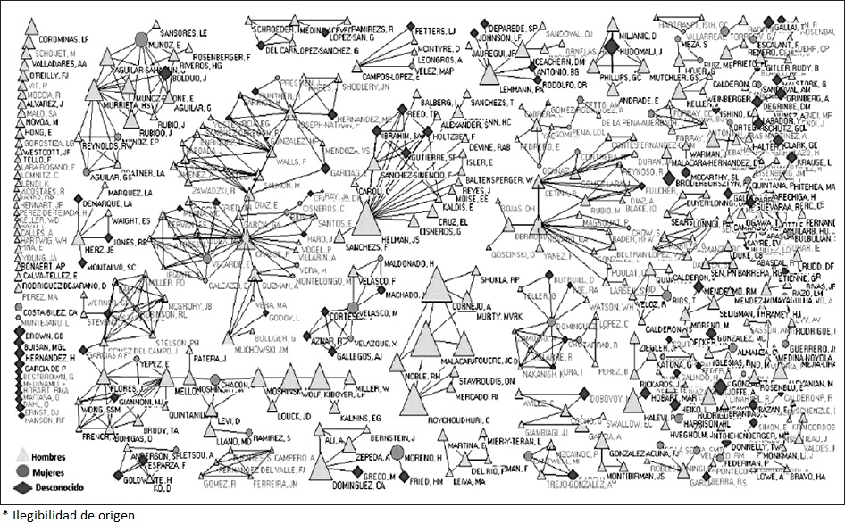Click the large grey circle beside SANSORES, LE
pyautogui.click(x=141, y=38)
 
